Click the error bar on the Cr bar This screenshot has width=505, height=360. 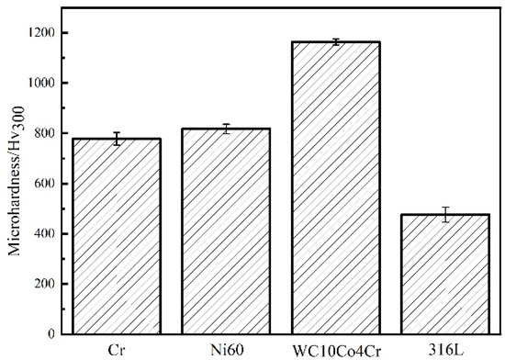pos(117,139)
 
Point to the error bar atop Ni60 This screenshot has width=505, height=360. pos(226,129)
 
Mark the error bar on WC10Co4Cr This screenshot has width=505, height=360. pos(335,42)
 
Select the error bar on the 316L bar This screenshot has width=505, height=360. pos(445,215)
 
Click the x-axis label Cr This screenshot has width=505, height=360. pos(116,348)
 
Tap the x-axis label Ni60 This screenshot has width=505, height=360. pos(226,348)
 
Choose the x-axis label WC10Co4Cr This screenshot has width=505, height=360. pos(335,348)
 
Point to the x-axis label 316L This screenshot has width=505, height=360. pos(445,348)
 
